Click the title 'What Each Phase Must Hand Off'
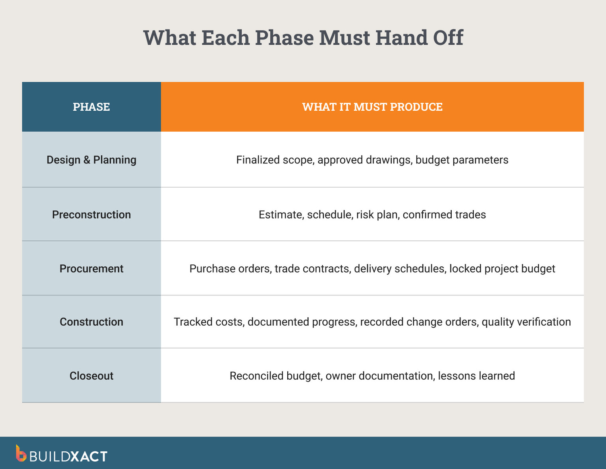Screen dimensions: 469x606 [x=303, y=38]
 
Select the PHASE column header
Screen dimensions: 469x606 [x=91, y=107]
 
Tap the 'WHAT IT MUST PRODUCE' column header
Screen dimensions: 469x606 [x=372, y=107]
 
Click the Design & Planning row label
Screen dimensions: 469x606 [x=91, y=160]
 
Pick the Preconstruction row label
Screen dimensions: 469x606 [x=91, y=215]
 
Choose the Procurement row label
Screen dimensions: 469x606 [x=91, y=269]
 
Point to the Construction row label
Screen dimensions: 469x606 [x=91, y=322]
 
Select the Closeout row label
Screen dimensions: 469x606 [x=91, y=376]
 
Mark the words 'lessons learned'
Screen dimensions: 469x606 [x=476, y=376]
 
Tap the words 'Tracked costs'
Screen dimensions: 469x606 [x=209, y=322]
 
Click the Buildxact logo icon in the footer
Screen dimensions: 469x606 [x=21, y=453]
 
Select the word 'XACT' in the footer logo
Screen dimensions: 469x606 [x=89, y=457]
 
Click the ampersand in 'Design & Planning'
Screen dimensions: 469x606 [x=87, y=160]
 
